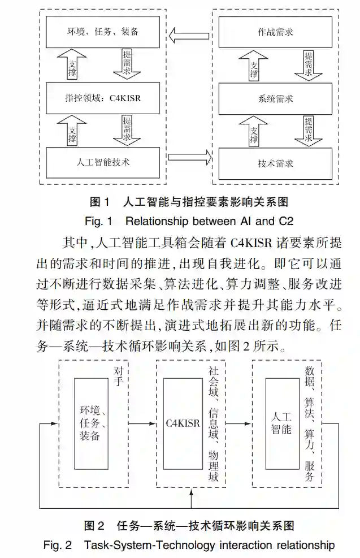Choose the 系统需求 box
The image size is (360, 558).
[275, 98]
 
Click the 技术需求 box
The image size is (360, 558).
[275, 163]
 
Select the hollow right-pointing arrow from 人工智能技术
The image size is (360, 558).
[189, 157]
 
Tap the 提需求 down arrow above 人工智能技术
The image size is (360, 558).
[129, 129]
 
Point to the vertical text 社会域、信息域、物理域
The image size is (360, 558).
[213, 425]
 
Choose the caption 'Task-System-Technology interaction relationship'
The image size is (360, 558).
[209, 546]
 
